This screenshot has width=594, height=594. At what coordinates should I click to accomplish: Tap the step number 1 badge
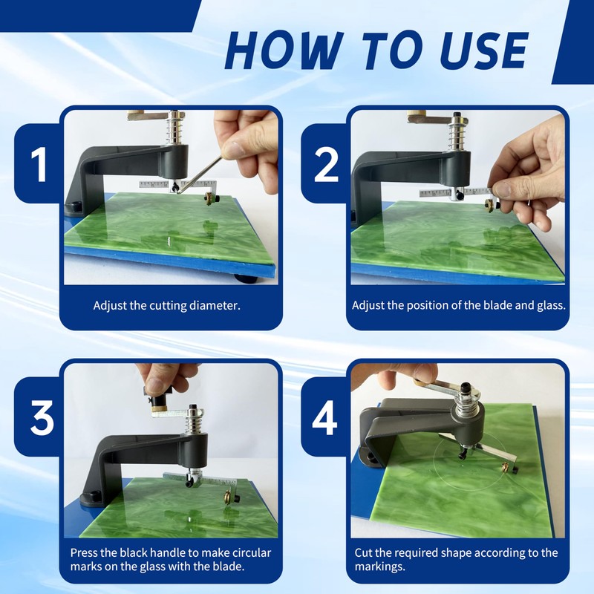(x=39, y=164)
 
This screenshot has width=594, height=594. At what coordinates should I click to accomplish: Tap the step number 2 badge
(x=326, y=164)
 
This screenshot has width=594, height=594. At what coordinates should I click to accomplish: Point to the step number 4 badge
(x=324, y=417)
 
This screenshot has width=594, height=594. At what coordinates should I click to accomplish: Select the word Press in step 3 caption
(x=82, y=552)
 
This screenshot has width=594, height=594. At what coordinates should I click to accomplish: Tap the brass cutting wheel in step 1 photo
(x=208, y=198)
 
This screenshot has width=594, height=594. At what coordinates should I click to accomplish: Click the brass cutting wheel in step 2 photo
(x=490, y=206)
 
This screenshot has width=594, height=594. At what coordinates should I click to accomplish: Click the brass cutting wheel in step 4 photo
(x=505, y=468)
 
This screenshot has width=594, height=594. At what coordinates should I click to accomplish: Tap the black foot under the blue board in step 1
(x=246, y=280)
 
